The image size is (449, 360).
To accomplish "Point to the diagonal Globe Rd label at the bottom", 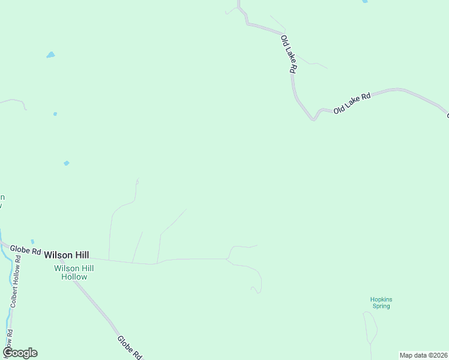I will [x=129, y=347].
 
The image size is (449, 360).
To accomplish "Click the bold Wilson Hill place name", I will [x=66, y=255].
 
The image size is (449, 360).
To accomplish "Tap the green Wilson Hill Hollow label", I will [x=74, y=272].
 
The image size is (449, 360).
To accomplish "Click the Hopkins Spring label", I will [x=381, y=302].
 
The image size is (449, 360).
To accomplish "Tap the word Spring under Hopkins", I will [x=381, y=306].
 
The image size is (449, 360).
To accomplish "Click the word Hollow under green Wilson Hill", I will [x=74, y=277].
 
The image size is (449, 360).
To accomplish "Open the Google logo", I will [x=20, y=353].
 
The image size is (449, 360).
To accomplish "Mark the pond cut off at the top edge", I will [x=364, y=2].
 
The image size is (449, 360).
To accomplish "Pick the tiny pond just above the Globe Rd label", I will [x=32, y=242].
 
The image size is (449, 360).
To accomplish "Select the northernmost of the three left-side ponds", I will [x=50, y=55].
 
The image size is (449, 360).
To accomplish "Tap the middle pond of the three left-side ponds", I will [x=55, y=113].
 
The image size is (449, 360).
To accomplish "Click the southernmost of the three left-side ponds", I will [x=66, y=163].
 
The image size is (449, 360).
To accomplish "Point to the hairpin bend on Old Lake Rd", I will [x=313, y=119].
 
